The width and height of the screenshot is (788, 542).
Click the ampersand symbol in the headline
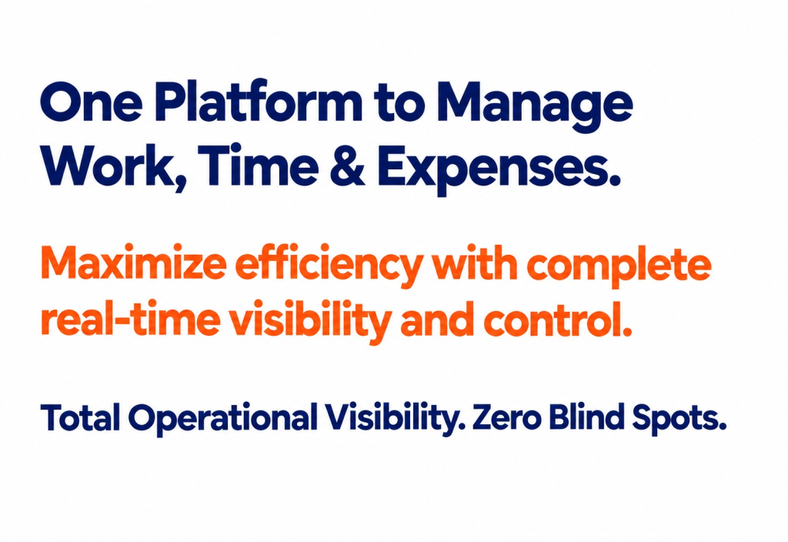pos(348,165)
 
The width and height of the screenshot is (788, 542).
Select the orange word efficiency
pos(327,267)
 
